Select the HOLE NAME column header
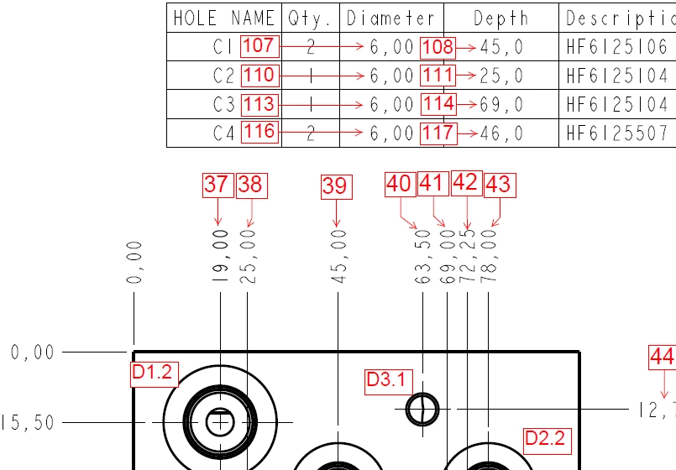223,18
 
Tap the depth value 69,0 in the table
501,105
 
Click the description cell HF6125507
617,133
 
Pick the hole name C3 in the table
224,105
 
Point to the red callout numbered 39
335,185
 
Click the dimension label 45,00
338,261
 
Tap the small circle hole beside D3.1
422,409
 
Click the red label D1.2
154,372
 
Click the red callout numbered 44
662,358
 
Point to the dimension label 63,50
423,262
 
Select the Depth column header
500,18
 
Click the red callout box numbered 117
438,132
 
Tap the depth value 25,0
501,76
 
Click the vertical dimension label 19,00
220,261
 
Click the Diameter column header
390,18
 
